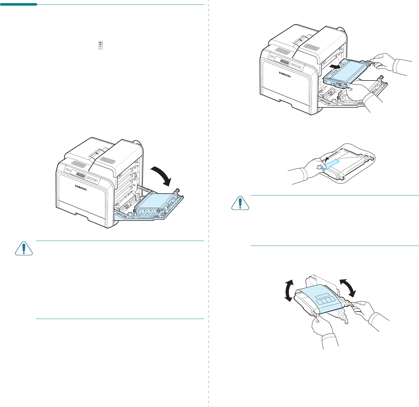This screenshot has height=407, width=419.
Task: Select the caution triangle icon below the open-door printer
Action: point(24,248)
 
